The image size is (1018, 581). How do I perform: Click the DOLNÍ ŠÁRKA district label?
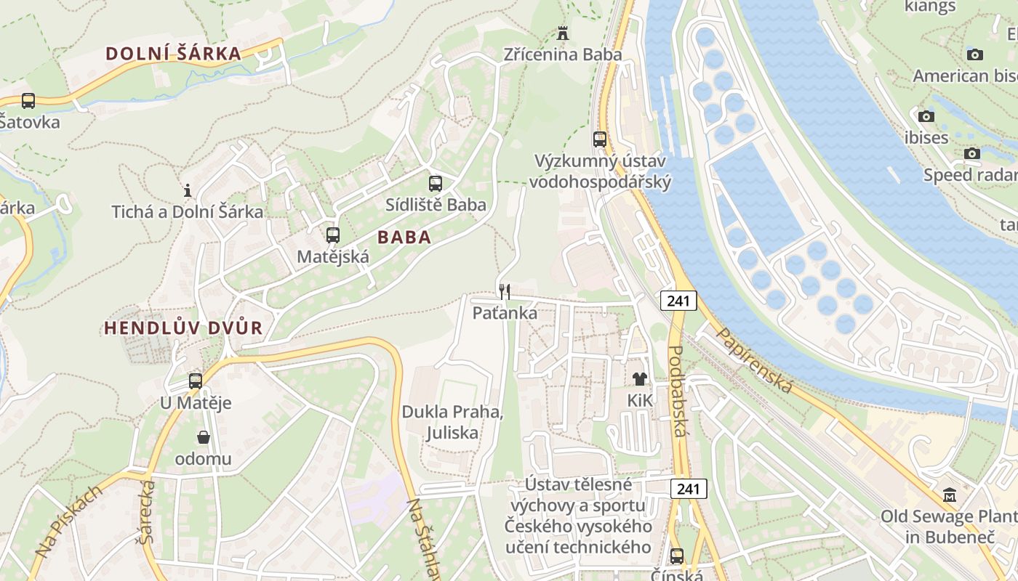[x=173, y=53]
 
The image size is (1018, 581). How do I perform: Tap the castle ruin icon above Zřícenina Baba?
[x=562, y=33]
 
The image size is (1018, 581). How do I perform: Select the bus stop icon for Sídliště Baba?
[x=435, y=184]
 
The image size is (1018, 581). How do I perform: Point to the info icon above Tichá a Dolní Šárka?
[x=188, y=190]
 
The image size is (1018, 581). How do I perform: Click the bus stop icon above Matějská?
[x=332, y=235]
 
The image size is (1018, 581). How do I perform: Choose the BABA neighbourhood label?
[x=404, y=237]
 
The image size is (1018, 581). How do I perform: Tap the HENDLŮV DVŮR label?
[x=183, y=328]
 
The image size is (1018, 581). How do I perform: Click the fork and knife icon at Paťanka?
[x=505, y=291]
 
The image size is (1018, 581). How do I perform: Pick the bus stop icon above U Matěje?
[x=195, y=381]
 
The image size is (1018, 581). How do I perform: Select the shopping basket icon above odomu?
[x=203, y=437]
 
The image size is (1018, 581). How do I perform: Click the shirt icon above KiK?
[x=640, y=378]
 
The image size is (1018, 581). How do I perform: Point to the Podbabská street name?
[x=676, y=391]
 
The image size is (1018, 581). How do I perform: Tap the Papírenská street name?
[x=754, y=360]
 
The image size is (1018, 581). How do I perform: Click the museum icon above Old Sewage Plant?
[x=949, y=495]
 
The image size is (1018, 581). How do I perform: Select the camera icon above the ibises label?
[x=926, y=116]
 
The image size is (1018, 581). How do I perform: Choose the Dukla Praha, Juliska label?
[x=452, y=423]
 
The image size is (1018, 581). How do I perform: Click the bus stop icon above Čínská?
[x=676, y=556]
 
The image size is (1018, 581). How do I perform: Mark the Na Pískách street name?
[x=70, y=522]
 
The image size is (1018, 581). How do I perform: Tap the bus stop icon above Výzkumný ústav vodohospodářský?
[x=599, y=139]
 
